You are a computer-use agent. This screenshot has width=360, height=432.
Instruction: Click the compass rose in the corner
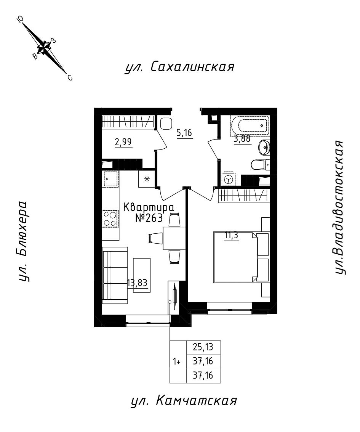[x=45, y=48]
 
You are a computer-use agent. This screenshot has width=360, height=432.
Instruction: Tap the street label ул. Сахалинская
[x=179, y=67]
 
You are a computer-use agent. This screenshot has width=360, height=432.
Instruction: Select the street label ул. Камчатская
[x=184, y=401]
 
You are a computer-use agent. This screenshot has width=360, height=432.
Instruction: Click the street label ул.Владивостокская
[x=340, y=208]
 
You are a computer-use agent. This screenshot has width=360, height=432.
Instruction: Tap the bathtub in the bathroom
[x=250, y=125]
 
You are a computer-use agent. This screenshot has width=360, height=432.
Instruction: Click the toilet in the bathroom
[x=259, y=165]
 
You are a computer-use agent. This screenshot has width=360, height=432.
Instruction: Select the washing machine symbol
[x=229, y=179]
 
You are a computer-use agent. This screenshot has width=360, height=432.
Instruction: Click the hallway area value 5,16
[x=184, y=133]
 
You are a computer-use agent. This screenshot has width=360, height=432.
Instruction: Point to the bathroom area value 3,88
[x=242, y=139]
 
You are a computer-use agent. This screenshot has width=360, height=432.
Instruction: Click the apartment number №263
[x=149, y=218]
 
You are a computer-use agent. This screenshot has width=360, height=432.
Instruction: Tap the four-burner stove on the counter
[x=110, y=219]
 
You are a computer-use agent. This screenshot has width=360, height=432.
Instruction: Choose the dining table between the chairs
[x=174, y=238]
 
